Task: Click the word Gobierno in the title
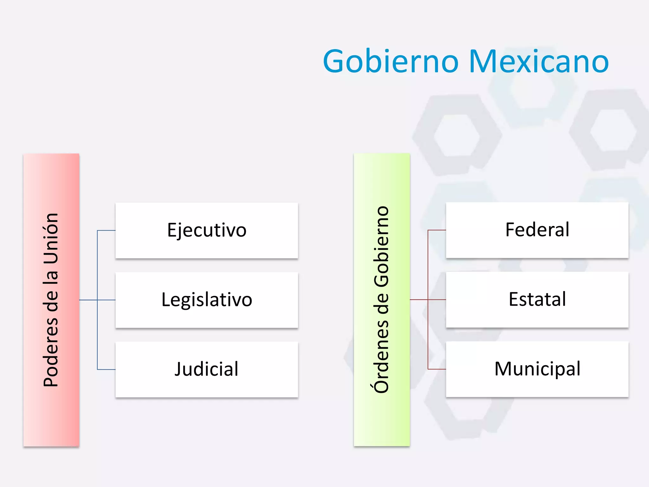[391, 61]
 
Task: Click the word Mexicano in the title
[538, 61]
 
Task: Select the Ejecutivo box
[207, 230]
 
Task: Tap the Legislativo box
[207, 300]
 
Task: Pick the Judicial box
[207, 369]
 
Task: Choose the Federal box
[537, 230]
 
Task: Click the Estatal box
[537, 299]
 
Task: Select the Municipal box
[537, 369]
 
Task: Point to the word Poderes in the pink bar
[51, 352]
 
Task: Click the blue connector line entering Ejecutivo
[106, 231]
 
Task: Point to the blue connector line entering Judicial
[106, 369]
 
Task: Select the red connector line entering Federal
[437, 230]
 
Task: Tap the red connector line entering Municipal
[437, 369]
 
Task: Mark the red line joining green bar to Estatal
[419, 300]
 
